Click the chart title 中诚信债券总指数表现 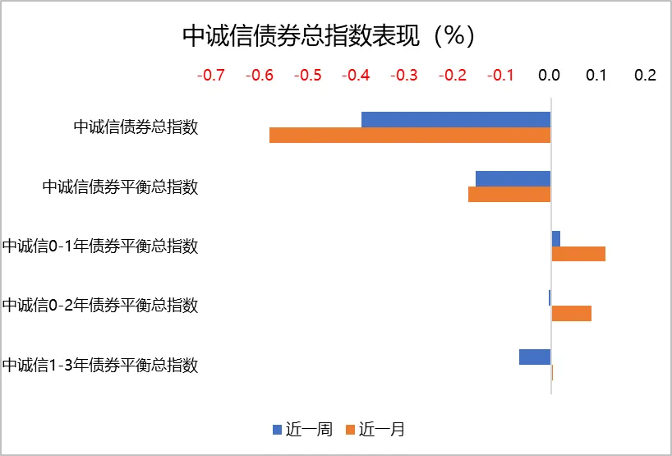click(x=328, y=35)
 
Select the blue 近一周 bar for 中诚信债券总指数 click(x=455, y=120)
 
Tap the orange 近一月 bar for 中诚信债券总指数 click(x=409, y=136)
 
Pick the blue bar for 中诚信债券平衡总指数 click(x=513, y=179)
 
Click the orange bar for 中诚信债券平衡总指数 click(x=509, y=195)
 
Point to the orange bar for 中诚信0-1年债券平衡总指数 click(x=578, y=254)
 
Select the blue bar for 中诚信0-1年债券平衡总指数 click(x=556, y=238)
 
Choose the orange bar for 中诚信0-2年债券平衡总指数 click(x=571, y=313)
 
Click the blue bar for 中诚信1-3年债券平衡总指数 click(x=534, y=357)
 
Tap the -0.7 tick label click(x=211, y=76)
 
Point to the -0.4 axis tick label click(x=356, y=76)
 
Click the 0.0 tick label click(x=549, y=76)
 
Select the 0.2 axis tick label click(x=646, y=76)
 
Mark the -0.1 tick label click(x=500, y=76)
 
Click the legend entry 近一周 click(x=302, y=429)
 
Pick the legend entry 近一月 click(x=375, y=429)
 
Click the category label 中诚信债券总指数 click(x=136, y=127)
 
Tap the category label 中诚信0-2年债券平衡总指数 click(x=99, y=306)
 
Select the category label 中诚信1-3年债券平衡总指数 click(x=99, y=365)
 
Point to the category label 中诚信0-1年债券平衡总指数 click(x=99, y=246)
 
